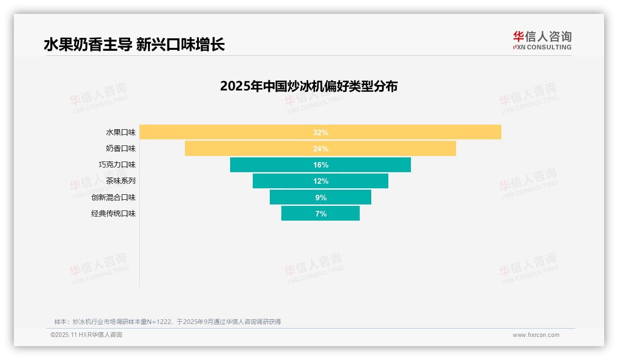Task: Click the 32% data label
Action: (x=321, y=132)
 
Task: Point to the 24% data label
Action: (x=321, y=149)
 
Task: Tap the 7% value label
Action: (x=321, y=214)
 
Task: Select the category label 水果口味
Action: (x=121, y=132)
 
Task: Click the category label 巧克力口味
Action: (x=117, y=165)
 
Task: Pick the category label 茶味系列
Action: (x=121, y=181)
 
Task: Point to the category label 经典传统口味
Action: (x=113, y=214)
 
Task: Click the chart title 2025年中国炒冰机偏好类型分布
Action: (x=309, y=86)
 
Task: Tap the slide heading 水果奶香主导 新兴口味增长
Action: (x=134, y=44)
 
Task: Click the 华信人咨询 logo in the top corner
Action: (x=542, y=40)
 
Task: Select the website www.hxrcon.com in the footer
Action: (x=536, y=335)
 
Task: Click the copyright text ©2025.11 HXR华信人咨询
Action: (x=86, y=335)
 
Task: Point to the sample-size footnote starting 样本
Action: (x=167, y=322)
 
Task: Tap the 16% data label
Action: (x=321, y=165)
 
